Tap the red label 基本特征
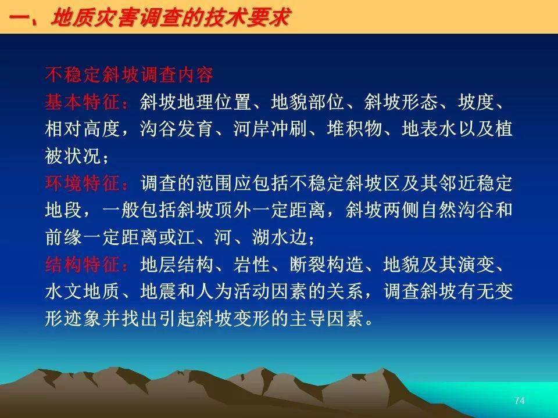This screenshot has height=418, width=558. pos(82,102)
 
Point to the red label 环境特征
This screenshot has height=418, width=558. pos(82,183)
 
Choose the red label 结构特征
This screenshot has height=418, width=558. pos(82,265)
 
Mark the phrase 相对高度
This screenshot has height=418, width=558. pos(82,129)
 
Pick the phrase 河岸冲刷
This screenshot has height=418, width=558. pos(270,129)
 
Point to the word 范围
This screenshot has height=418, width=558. pos(214,183)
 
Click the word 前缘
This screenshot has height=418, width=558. pos(64,237)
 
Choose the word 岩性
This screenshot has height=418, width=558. pos(252,265)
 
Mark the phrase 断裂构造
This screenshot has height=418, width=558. pos(326,265)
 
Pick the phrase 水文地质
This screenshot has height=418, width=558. pos(82,291)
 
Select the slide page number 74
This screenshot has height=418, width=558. pos(520,401)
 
